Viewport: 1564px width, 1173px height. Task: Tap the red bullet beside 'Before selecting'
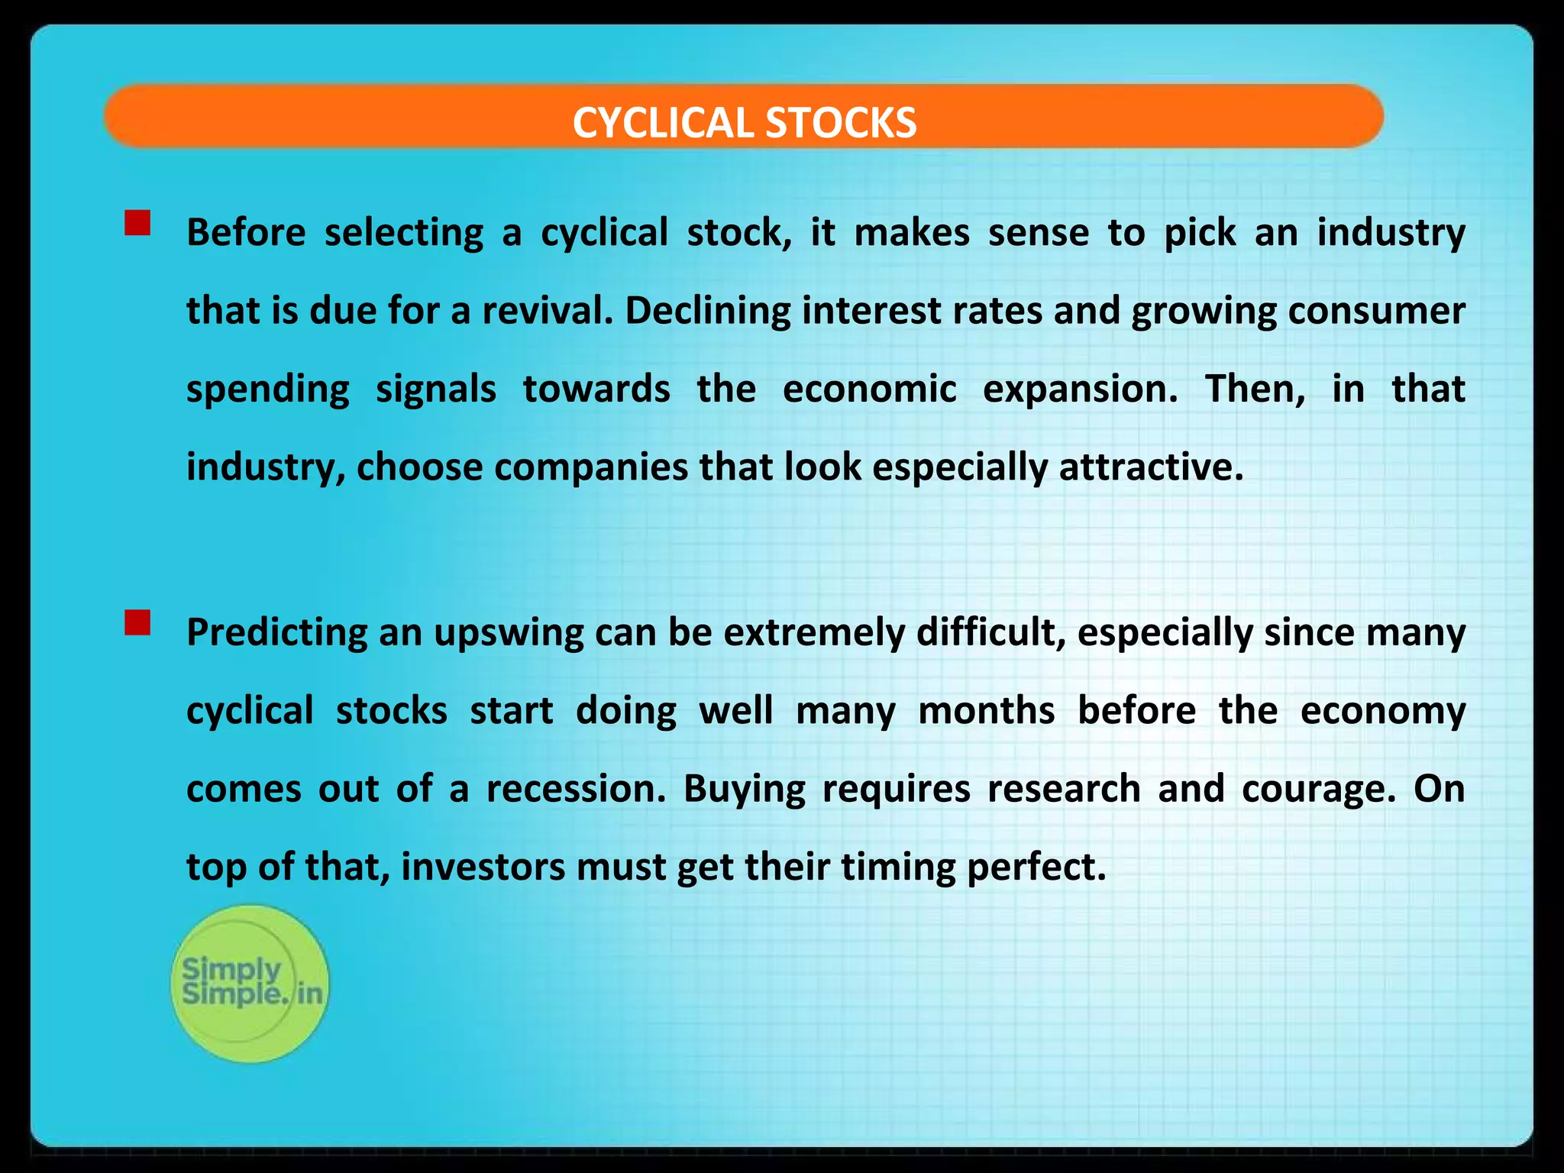tap(137, 223)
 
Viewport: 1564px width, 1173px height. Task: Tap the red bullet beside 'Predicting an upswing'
tap(137, 622)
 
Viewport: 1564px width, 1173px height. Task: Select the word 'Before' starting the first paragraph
tap(246, 232)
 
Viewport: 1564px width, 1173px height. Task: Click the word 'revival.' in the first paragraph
tap(548, 311)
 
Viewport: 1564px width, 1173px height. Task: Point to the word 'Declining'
tap(707, 311)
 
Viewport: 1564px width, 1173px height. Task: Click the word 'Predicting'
tap(276, 633)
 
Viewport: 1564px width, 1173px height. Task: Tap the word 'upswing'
tap(509, 633)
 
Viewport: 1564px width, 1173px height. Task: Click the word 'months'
tap(986, 711)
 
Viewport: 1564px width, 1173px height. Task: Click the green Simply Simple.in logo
tap(250, 984)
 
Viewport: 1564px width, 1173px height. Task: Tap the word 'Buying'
tap(744, 789)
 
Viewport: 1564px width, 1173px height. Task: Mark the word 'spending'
tap(268, 389)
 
